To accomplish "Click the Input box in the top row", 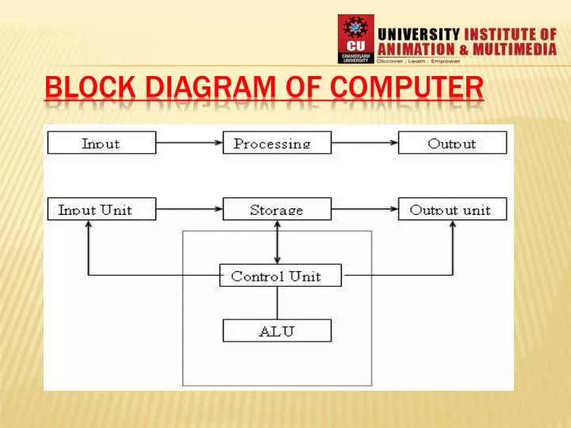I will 101,143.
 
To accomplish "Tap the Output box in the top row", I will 452,143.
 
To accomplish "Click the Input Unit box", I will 101,209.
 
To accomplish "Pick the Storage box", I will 277,209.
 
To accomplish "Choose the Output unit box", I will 452,209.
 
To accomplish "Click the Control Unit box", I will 281,276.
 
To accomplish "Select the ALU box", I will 277,331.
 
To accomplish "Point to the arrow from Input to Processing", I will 188,143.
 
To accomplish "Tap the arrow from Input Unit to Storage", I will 188,209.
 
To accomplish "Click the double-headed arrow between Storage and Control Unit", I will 277,242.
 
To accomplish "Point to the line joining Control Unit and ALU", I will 277,303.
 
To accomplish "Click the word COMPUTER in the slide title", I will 408,89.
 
